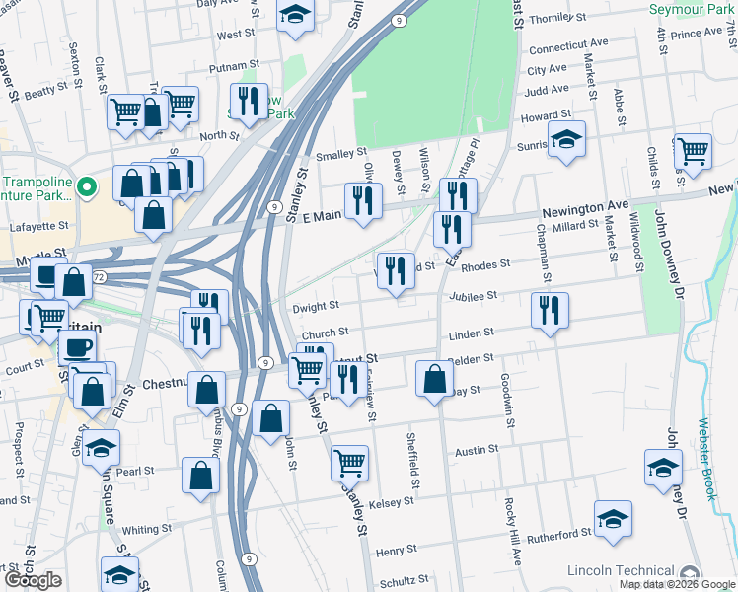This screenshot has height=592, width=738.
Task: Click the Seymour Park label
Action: click(x=692, y=9)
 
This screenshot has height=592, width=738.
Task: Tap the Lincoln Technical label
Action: click(x=625, y=571)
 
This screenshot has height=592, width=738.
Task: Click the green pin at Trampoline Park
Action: click(x=86, y=185)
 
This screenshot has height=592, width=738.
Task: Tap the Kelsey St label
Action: click(x=391, y=502)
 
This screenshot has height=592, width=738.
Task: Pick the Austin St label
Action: click(x=477, y=450)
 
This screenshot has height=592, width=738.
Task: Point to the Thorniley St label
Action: click(x=557, y=18)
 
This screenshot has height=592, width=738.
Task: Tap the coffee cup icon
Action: click(x=78, y=346)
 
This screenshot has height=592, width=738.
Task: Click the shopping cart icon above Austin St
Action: click(x=350, y=461)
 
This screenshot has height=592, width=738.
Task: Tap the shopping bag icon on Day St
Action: click(x=434, y=378)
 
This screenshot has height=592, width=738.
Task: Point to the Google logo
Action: click(x=34, y=580)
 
